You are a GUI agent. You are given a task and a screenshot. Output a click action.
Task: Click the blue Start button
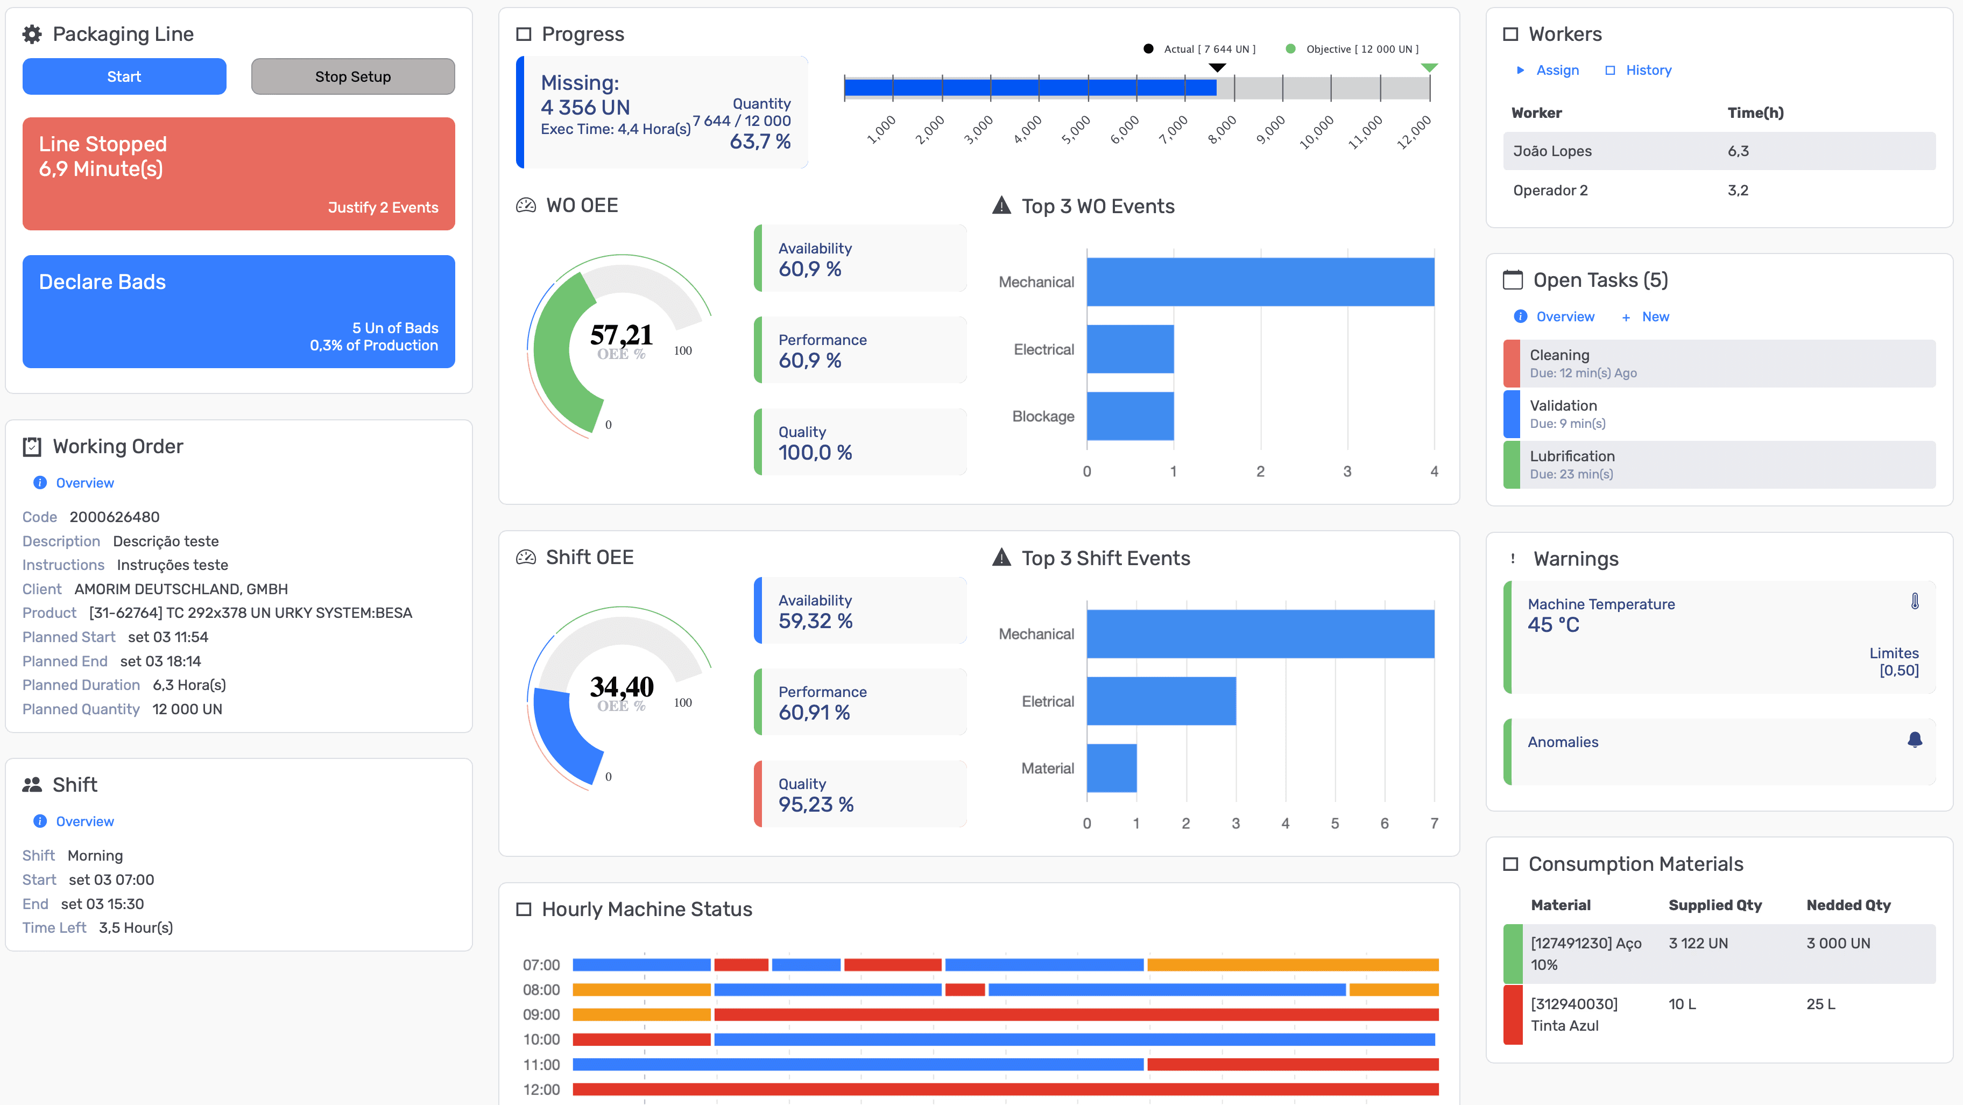124,76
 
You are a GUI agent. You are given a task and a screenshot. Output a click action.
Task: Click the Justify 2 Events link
383,207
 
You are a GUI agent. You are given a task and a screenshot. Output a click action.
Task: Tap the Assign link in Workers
1557,70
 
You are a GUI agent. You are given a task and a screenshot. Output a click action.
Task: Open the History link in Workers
1648,70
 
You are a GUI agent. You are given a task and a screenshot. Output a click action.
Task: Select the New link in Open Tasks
1655,316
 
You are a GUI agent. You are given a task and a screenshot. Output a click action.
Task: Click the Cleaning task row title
1559,355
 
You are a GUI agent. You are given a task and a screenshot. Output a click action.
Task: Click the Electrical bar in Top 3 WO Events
1130,349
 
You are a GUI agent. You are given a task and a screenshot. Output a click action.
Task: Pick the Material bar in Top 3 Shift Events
1112,768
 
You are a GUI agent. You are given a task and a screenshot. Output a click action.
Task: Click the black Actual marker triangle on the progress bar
1218,68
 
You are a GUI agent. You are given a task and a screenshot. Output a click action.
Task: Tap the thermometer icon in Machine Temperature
1914,601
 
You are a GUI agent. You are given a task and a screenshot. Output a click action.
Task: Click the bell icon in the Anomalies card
1914,740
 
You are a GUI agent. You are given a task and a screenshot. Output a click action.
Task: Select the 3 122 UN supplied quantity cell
1698,944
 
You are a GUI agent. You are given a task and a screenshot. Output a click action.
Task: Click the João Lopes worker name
1551,151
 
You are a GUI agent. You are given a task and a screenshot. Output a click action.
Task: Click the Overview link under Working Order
84,483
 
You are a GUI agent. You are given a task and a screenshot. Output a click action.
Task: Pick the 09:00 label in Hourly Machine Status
541,1015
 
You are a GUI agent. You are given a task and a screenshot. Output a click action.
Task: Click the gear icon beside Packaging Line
32,34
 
